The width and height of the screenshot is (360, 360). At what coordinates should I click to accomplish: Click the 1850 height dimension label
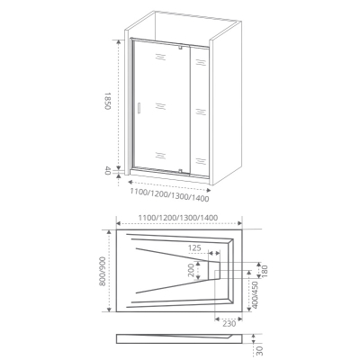point(108,102)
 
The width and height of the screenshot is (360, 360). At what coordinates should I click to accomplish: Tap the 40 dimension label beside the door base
point(108,172)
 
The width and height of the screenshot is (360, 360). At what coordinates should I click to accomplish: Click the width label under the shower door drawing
point(169,194)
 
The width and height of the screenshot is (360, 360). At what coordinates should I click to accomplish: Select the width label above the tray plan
point(178,218)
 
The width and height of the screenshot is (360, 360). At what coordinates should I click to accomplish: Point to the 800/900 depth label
point(103,271)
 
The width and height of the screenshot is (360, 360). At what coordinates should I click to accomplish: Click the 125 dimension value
point(194,248)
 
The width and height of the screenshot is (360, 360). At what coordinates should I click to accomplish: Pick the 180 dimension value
point(265,271)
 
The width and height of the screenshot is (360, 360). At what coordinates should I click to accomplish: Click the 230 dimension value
point(229,324)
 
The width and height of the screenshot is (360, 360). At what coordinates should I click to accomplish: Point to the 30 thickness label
point(260,350)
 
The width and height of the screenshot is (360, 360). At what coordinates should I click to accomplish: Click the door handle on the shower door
point(139,108)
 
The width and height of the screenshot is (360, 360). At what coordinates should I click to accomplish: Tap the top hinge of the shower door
point(180,47)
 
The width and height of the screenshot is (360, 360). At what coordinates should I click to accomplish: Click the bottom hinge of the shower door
point(180,172)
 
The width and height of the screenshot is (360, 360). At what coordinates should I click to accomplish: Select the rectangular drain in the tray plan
point(214,270)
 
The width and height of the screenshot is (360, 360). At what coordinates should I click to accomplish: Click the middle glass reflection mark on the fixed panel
point(201,112)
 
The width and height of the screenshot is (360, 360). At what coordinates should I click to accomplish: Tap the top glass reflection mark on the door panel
point(160,57)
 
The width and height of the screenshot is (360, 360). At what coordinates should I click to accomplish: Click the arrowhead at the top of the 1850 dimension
point(119,42)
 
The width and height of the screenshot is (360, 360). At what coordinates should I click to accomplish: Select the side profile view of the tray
point(179,337)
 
